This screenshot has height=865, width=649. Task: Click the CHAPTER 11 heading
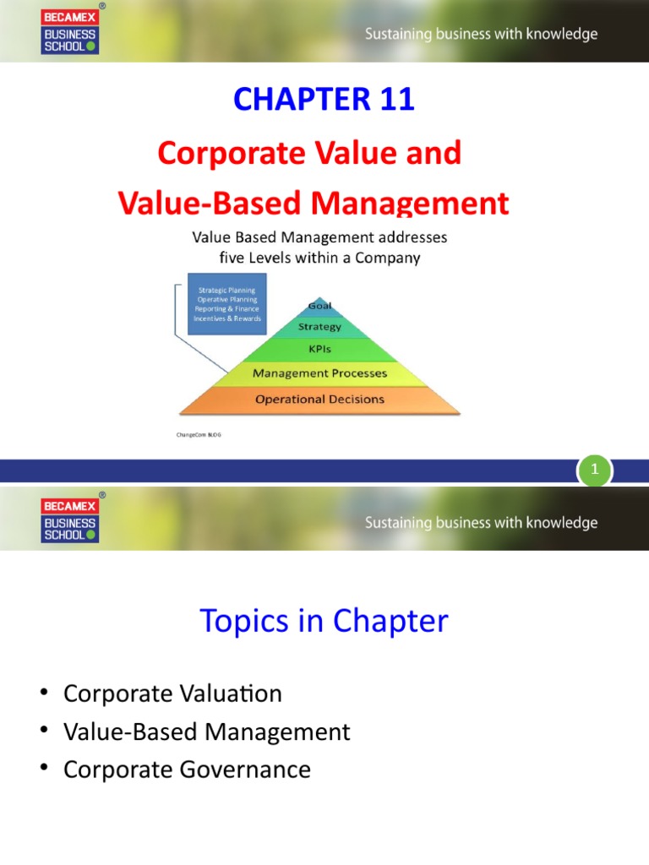pyautogui.click(x=324, y=100)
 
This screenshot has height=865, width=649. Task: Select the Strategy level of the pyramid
pyautogui.click(x=320, y=326)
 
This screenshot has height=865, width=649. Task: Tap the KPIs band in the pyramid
pyautogui.click(x=320, y=349)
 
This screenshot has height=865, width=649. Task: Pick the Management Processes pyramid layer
pyautogui.click(x=320, y=373)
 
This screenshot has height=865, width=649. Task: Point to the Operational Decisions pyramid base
pyautogui.click(x=320, y=399)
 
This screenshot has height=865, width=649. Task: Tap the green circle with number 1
pyautogui.click(x=594, y=470)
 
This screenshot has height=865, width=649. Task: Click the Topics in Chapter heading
pyautogui.click(x=324, y=622)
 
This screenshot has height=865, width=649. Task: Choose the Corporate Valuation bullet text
pyautogui.click(x=173, y=694)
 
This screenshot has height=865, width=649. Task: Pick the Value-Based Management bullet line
pyautogui.click(x=207, y=732)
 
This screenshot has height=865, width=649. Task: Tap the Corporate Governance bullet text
pyautogui.click(x=188, y=770)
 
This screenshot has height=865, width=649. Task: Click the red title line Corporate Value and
pyautogui.click(x=309, y=153)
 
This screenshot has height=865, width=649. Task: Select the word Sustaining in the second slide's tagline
pyautogui.click(x=397, y=523)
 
